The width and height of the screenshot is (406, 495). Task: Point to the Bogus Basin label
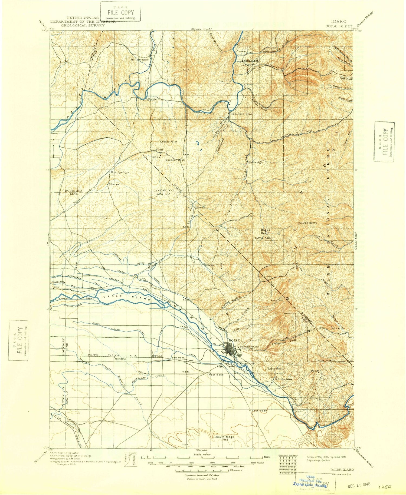265,231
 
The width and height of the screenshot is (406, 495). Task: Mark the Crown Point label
168,141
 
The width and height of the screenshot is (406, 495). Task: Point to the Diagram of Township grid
288,465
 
